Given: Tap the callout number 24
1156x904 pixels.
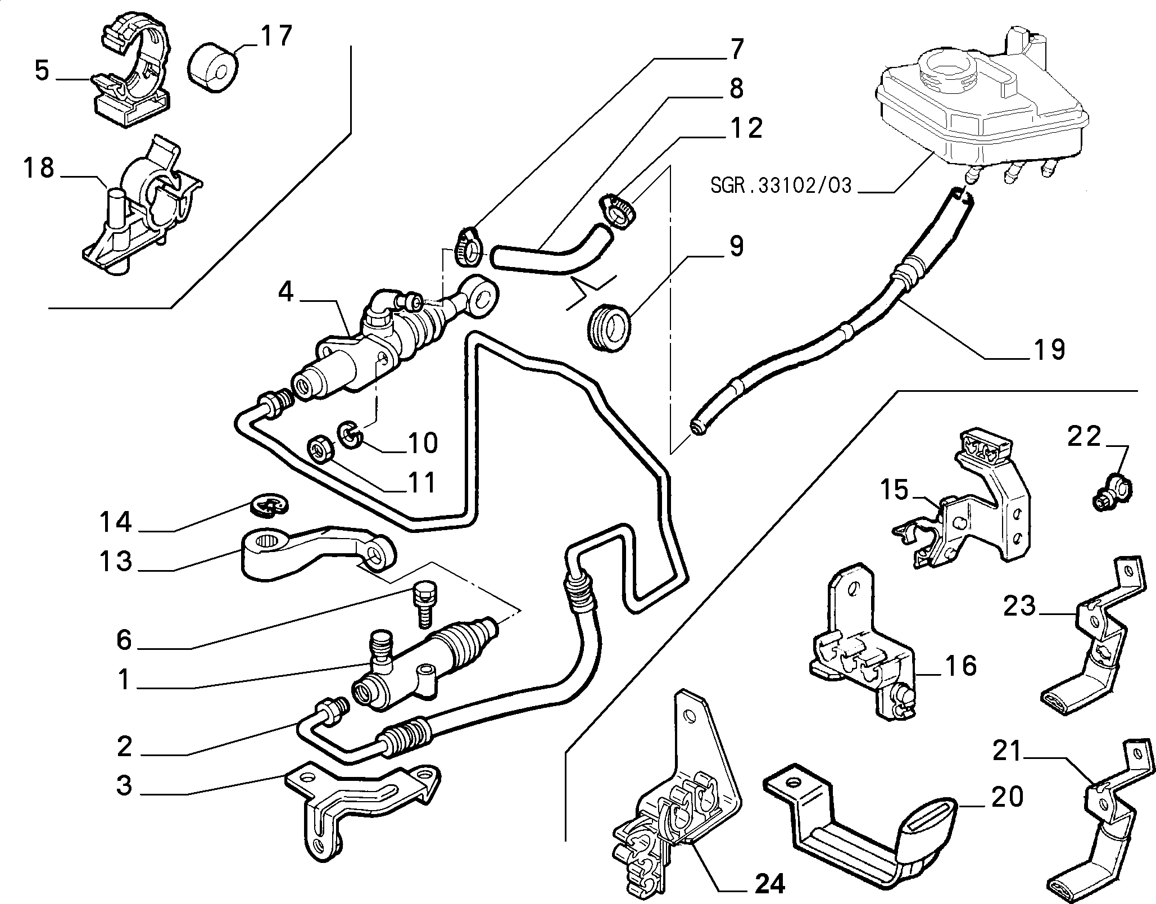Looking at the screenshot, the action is pos(768,884).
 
